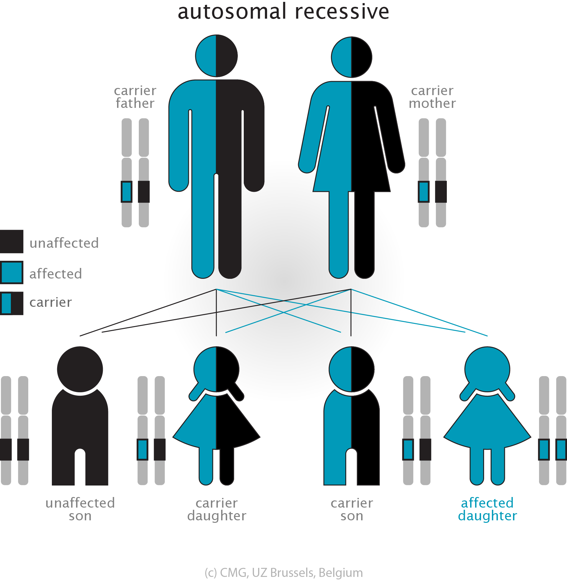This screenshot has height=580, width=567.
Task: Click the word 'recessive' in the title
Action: coord(342,12)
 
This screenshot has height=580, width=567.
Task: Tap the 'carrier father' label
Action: coord(135,97)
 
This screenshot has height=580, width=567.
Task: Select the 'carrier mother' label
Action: coord(432,97)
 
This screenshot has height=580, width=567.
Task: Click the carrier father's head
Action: coord(216,56)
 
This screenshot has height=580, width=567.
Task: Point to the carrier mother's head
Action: coord(352,57)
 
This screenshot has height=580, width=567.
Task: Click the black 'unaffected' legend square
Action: coord(11,242)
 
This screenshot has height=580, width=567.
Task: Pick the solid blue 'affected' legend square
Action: coord(11,273)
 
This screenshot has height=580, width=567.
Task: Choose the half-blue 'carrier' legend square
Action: coord(11,303)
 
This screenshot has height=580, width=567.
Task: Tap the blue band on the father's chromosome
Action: coord(126,192)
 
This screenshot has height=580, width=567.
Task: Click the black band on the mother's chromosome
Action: coord(441,192)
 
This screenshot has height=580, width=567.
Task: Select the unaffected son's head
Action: coord(80,369)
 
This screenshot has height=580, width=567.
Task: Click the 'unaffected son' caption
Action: coord(80,509)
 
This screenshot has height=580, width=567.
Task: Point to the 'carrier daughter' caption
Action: coord(217,509)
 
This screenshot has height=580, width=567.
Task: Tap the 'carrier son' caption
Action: coord(352,509)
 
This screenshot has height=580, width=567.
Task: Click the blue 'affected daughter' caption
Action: coord(487,509)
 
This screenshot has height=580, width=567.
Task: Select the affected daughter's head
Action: coord(487,369)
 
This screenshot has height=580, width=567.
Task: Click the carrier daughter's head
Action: coord(216,369)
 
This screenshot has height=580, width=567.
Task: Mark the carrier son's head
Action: coord(352,369)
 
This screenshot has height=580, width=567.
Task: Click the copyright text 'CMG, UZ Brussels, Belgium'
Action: coord(291,573)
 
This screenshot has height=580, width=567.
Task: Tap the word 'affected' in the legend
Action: coord(56,274)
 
